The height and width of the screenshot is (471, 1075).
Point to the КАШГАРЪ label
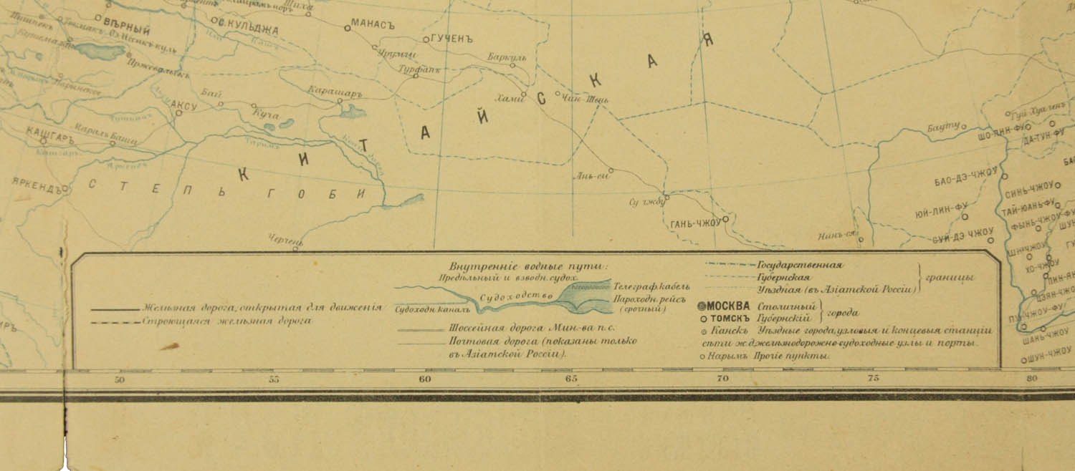click(x=50, y=132)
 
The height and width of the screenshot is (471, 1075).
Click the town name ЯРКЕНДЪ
click(x=39, y=182)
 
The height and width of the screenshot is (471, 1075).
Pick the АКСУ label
click(x=183, y=105)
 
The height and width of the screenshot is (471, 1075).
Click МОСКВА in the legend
click(x=729, y=306)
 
